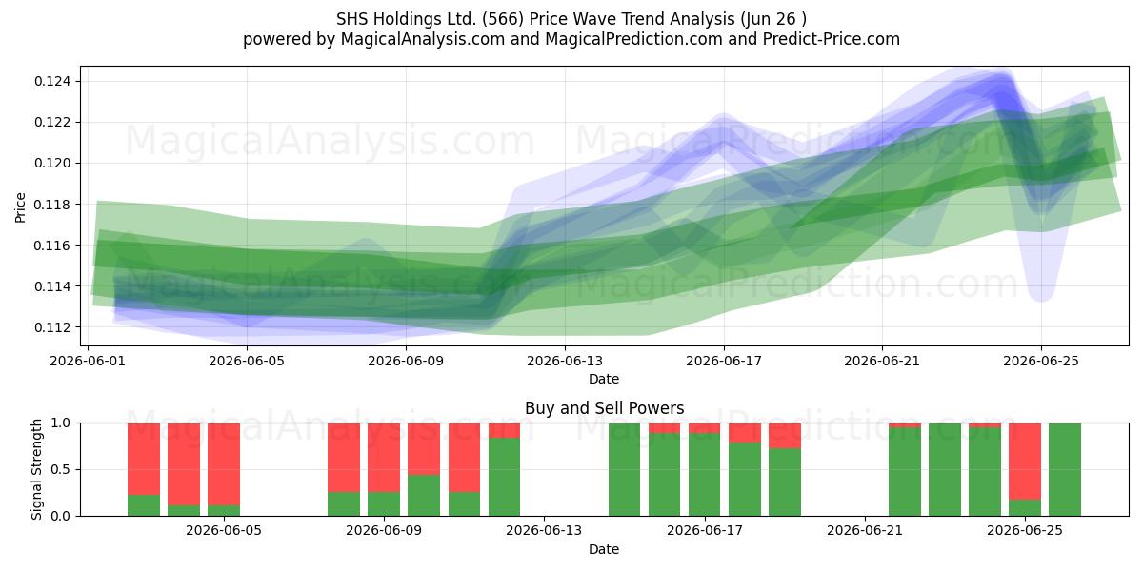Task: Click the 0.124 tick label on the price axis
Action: click(x=53, y=81)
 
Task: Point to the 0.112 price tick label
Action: click(x=53, y=327)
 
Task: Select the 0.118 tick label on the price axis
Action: click(x=53, y=205)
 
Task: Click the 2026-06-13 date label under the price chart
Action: click(x=565, y=361)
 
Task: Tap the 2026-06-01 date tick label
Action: click(x=88, y=361)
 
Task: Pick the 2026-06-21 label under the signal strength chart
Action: click(x=865, y=530)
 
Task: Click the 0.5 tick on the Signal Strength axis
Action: click(x=61, y=469)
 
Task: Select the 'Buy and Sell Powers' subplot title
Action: click(x=604, y=408)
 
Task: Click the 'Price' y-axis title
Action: click(x=20, y=207)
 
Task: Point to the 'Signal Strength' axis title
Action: click(x=37, y=469)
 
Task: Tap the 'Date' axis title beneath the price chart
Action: click(x=604, y=379)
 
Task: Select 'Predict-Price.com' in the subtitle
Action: click(x=832, y=39)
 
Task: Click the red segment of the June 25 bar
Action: click(x=1025, y=462)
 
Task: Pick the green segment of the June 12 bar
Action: click(x=504, y=477)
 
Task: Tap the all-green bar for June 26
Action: click(x=1065, y=469)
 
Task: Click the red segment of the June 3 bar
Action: click(x=184, y=464)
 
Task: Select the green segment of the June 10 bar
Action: click(x=424, y=496)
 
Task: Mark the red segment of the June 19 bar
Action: click(x=785, y=436)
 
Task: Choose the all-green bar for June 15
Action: click(x=625, y=469)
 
